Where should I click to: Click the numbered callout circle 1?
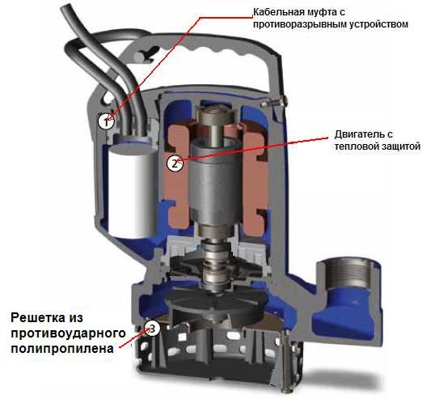point(106,122)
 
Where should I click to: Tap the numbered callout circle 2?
point(173,163)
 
